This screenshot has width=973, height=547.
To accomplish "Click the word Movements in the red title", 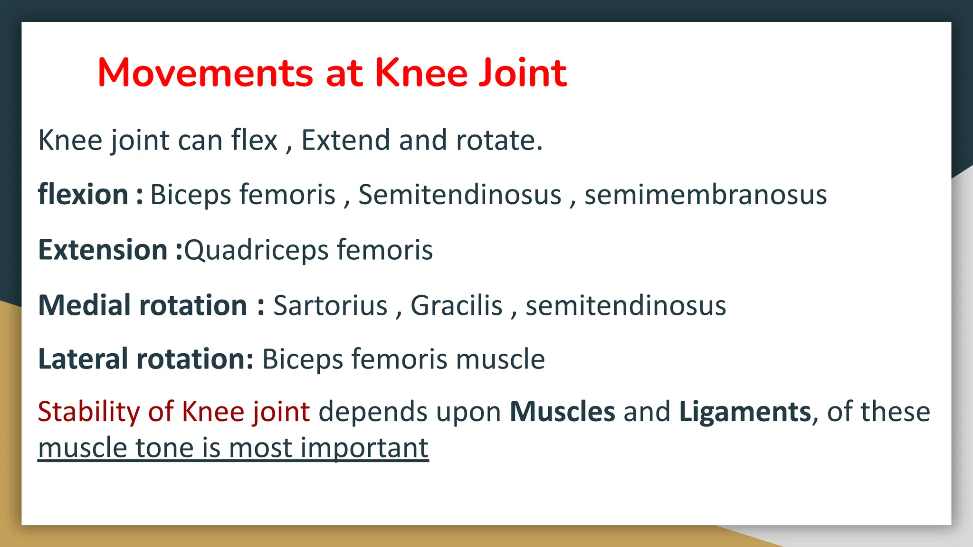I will point(205,73).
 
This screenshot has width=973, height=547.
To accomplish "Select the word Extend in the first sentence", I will point(345,141).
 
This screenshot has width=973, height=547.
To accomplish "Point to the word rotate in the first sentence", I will point(499,141).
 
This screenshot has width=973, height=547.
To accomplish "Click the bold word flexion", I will point(83,195).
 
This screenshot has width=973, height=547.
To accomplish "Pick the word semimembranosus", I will point(706,195).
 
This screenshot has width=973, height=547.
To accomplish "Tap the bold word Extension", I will point(103,250).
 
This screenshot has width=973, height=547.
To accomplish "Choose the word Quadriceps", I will point(256,251).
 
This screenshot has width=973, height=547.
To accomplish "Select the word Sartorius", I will point(330,305).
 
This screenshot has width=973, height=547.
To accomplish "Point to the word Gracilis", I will point(456,305).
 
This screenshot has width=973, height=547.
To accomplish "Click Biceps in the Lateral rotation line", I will point(302,360).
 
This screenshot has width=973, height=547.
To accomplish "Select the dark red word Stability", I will point(88,412).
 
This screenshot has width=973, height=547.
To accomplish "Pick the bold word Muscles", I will point(562,412).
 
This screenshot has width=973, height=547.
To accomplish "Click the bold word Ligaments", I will point(745,412).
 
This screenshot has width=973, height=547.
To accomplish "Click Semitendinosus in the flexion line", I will point(459,195).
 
